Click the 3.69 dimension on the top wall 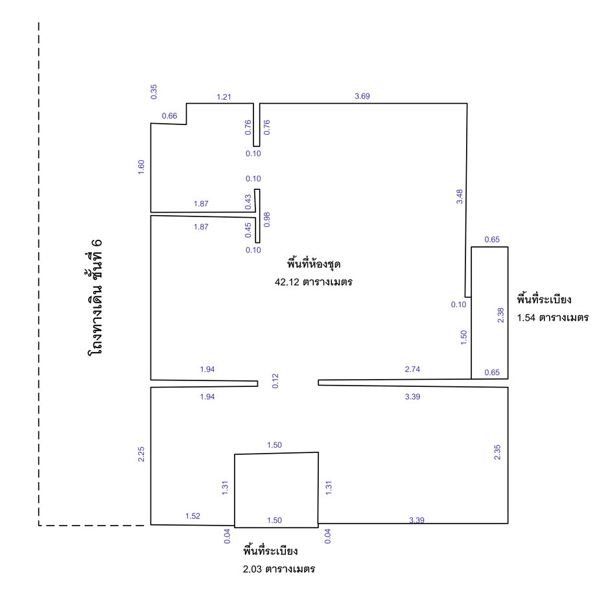point(362,97)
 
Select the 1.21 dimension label point(224,97)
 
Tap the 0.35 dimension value point(154,92)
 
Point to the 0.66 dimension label point(169,116)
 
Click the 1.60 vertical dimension point(141,167)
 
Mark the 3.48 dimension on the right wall point(460,196)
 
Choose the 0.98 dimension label point(266,219)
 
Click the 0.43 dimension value point(248,202)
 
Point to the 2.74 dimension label point(412,369)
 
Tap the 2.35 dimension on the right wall point(497,452)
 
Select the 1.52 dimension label point(193,516)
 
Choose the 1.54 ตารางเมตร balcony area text point(552,318)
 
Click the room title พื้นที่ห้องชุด point(313,264)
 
